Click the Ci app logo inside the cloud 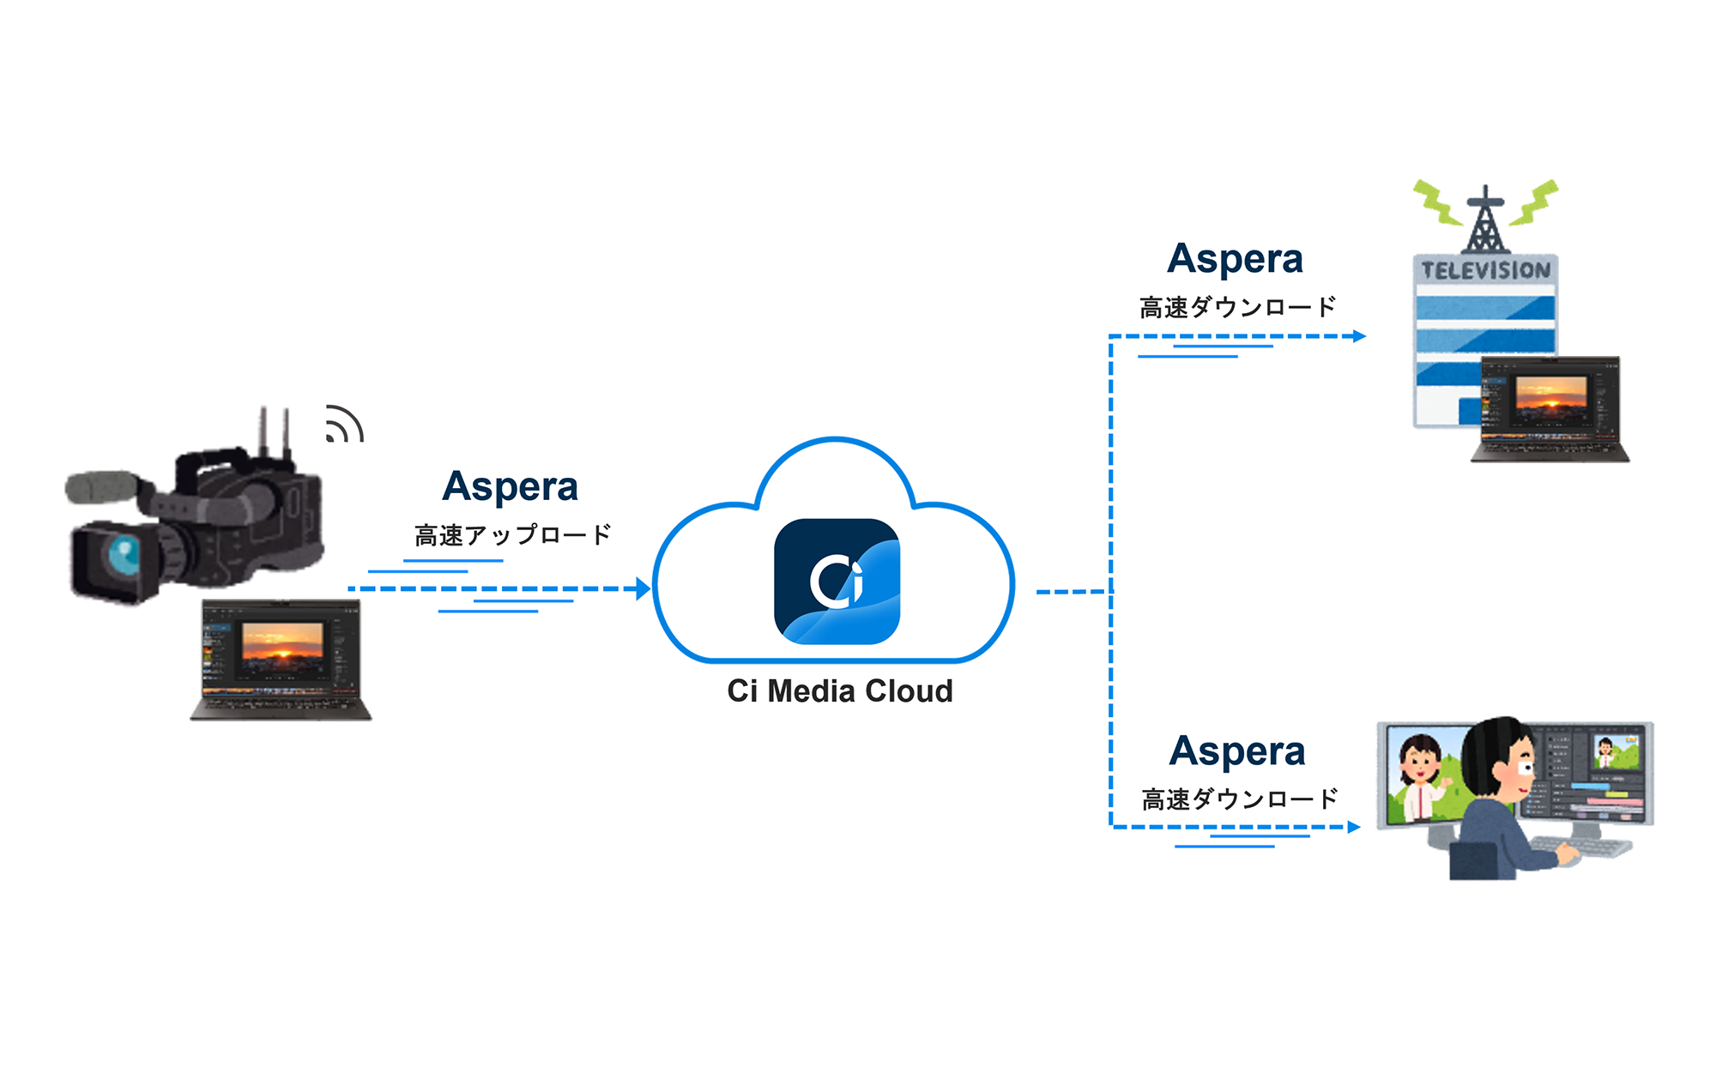[x=837, y=581]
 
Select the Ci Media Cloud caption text [x=840, y=691]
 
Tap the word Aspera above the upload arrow [x=510, y=486]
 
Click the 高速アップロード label [x=512, y=535]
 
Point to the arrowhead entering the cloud [x=643, y=589]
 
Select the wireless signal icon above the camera [x=344, y=425]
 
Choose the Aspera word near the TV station [x=1235, y=259]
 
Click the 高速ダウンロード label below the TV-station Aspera [x=1237, y=307]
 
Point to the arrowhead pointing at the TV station [x=1359, y=336]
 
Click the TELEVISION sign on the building [x=1486, y=270]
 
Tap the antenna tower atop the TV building [x=1485, y=220]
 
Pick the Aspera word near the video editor [x=1236, y=751]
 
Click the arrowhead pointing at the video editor [x=1354, y=827]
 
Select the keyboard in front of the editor [x=1587, y=846]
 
